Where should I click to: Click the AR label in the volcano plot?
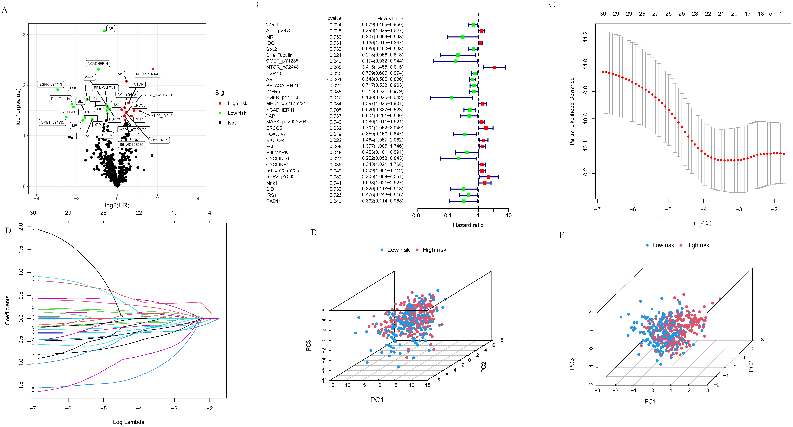[111, 29]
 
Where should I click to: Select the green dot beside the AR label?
[105, 31]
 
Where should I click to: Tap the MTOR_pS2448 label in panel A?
[147, 74]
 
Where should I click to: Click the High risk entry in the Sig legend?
[237, 104]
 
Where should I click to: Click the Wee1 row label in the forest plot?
[272, 25]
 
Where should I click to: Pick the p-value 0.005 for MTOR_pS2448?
[335, 67]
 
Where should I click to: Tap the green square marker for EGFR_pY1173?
[451, 98]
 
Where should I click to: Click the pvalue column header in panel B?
[334, 18]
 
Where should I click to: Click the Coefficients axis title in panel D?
[7, 310]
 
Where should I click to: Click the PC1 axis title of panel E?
[377, 400]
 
